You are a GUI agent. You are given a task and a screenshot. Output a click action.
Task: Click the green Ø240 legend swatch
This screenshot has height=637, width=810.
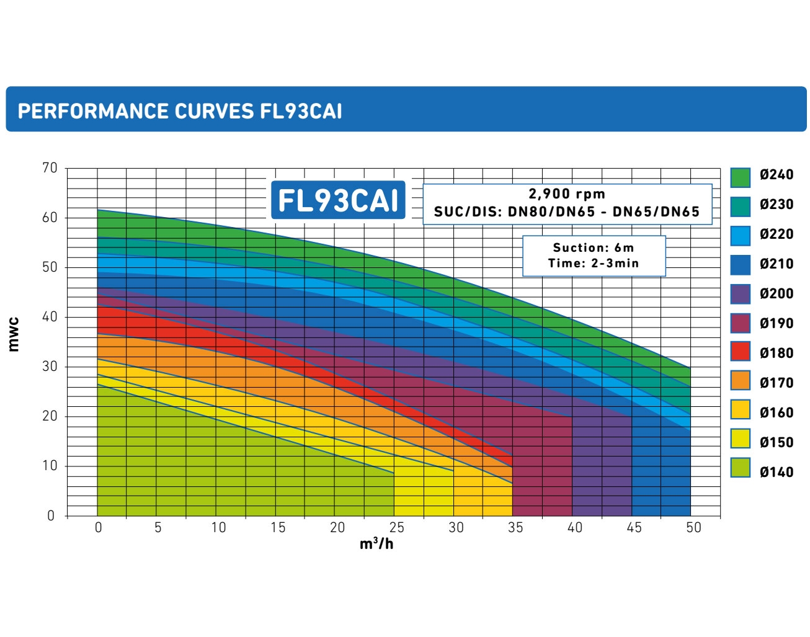pyautogui.click(x=741, y=177)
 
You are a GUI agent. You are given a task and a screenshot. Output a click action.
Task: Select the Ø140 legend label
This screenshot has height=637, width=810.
pyautogui.click(x=777, y=472)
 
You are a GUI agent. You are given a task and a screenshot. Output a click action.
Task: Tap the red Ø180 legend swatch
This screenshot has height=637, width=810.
pyautogui.click(x=741, y=351)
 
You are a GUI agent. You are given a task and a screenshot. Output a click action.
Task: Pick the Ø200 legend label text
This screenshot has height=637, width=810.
pyautogui.click(x=777, y=293)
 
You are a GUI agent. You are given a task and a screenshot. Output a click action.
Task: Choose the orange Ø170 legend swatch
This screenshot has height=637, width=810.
pyautogui.click(x=741, y=380)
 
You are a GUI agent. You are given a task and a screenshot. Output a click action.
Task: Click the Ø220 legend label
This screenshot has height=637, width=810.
pyautogui.click(x=777, y=234)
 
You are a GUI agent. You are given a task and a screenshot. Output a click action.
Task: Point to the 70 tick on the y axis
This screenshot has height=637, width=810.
pyautogui.click(x=50, y=168)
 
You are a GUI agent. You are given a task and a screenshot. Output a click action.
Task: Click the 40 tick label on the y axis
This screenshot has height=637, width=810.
pyautogui.click(x=50, y=317)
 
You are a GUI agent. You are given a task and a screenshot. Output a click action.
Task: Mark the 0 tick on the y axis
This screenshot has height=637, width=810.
pyautogui.click(x=51, y=515)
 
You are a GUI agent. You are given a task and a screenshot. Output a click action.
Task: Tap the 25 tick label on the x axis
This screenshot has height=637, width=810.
pyautogui.click(x=396, y=527)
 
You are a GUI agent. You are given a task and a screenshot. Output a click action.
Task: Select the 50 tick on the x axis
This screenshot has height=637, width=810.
pyautogui.click(x=693, y=527)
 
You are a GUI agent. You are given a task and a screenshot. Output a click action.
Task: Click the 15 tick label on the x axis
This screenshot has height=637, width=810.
pyautogui.click(x=277, y=527)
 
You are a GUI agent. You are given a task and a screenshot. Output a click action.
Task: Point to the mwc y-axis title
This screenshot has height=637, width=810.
pyautogui.click(x=14, y=334)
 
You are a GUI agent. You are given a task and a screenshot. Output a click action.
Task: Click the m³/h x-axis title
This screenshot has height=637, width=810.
pyautogui.click(x=376, y=544)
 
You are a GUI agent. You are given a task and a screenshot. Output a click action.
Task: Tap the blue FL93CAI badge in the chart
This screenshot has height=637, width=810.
pyautogui.click(x=338, y=200)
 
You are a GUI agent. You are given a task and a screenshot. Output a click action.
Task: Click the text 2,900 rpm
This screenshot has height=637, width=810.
pyautogui.click(x=567, y=194)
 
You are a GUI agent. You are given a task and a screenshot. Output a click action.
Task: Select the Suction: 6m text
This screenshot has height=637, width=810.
pyautogui.click(x=594, y=247)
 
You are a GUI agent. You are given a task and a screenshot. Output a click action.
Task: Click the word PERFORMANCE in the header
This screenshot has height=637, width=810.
pyautogui.click(x=93, y=111)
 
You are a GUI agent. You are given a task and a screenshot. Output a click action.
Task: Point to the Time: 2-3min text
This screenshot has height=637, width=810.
pyautogui.click(x=594, y=263)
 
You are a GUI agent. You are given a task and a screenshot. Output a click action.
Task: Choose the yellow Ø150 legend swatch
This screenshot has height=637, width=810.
pyautogui.click(x=741, y=439)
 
